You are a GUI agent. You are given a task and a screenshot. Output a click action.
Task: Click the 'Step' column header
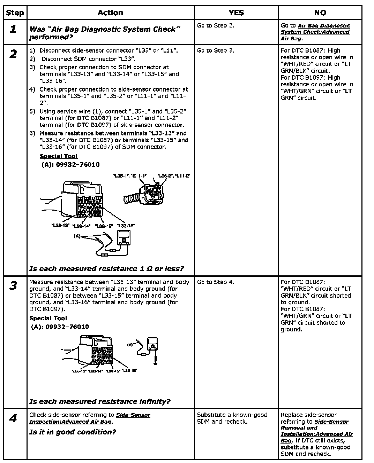click(x=15, y=13)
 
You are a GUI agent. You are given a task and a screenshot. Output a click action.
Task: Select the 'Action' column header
click(x=110, y=13)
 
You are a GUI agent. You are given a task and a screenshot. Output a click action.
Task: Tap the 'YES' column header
click(x=236, y=13)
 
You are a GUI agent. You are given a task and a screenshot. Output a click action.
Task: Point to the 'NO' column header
click(x=320, y=13)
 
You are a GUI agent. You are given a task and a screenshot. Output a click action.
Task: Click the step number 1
click(x=13, y=29)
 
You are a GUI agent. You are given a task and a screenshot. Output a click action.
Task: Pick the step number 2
click(x=13, y=54)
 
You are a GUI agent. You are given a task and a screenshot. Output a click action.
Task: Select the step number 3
click(x=13, y=286)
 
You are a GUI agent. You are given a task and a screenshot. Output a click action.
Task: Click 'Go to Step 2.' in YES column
click(x=216, y=25)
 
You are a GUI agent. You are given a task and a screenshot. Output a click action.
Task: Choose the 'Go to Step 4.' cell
click(x=216, y=282)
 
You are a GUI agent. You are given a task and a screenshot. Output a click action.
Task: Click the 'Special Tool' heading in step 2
click(x=59, y=156)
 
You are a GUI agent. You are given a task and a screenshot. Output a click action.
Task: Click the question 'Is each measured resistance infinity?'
click(x=100, y=402)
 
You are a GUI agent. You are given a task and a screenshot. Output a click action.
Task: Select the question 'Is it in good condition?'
click(x=73, y=432)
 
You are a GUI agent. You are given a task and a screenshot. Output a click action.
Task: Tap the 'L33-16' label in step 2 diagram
click(x=126, y=226)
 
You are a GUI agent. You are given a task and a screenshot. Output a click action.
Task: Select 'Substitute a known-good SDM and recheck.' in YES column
click(x=232, y=418)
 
